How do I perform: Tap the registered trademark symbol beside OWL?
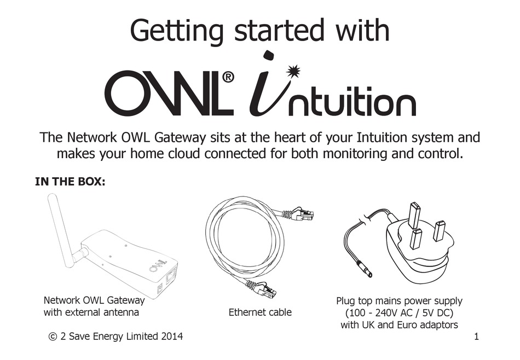pyautogui.click(x=228, y=78)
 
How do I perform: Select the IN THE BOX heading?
pyautogui.click(x=70, y=182)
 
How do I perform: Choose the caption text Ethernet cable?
pyautogui.click(x=260, y=312)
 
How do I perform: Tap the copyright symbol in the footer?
pyautogui.click(x=53, y=336)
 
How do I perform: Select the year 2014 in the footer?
pyautogui.click(x=171, y=336)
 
